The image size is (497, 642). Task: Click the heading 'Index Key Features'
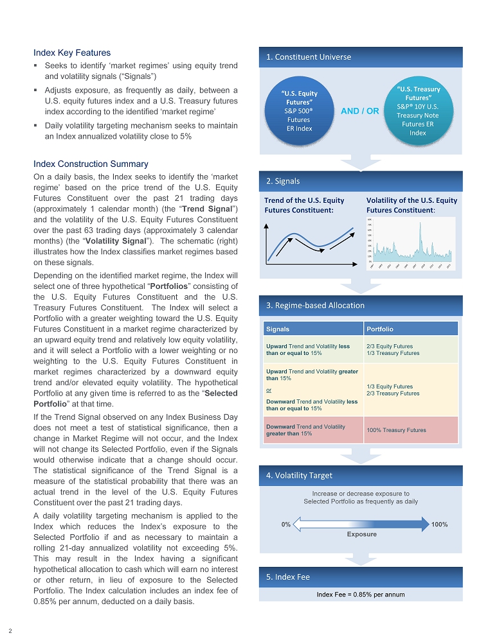click(x=72, y=53)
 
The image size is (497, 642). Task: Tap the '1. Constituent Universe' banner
click(x=309, y=57)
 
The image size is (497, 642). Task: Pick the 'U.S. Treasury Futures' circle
click(x=418, y=111)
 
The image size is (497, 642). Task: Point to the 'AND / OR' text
click(x=360, y=111)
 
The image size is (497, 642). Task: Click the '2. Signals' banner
click(x=284, y=181)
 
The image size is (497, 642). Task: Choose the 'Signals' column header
click(x=278, y=329)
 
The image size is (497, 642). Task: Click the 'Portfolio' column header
click(x=379, y=329)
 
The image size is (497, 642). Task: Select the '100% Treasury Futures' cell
click(x=396, y=429)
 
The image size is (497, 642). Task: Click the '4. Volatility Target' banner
click(x=299, y=475)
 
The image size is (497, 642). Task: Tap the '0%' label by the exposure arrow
click(x=286, y=525)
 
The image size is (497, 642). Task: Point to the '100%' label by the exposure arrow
click(x=440, y=525)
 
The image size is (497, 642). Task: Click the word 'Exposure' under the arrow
click(x=361, y=534)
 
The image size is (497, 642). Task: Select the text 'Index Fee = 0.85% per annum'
click(x=361, y=594)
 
